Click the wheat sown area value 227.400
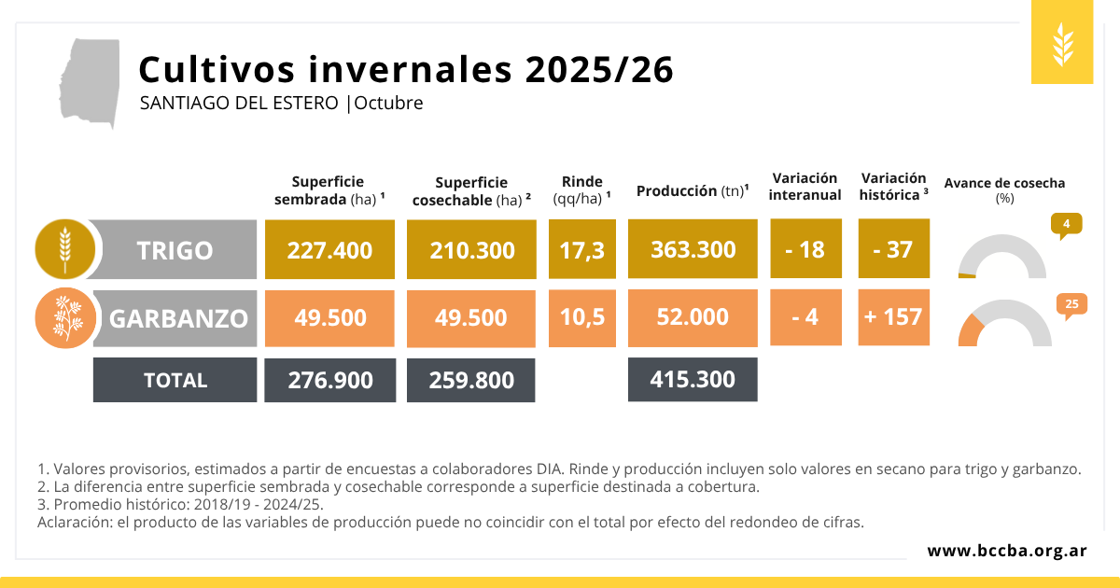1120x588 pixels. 329,249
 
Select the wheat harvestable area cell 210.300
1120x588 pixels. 471,249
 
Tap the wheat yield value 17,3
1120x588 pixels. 582,249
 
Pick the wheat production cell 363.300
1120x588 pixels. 693,249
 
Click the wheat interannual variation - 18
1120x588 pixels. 805,249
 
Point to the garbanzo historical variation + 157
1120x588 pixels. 893,317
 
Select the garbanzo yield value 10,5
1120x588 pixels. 582,317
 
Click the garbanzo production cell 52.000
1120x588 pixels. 693,317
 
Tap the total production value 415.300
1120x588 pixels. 693,379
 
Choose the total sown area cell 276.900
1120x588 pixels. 329,380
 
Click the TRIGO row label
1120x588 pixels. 175,250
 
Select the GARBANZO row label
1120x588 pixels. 178,318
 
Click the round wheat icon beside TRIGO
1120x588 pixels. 64,249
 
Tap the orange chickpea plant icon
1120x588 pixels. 64,318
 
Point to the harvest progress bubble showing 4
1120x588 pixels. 1066,224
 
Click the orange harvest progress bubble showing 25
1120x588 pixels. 1071,304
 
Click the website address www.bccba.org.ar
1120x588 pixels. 1007,551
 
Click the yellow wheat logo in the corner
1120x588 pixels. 1062,44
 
